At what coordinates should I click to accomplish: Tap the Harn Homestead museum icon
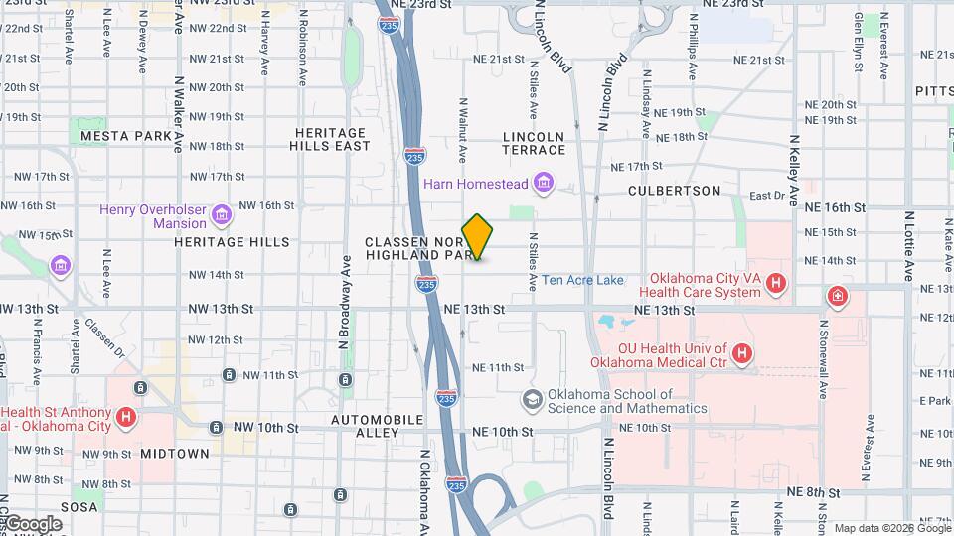pos(543,183)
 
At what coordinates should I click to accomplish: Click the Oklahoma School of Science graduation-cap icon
pos(532,400)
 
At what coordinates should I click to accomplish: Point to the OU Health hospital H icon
pos(741,354)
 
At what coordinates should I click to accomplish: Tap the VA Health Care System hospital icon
pos(776,286)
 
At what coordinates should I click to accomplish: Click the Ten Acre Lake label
pos(582,280)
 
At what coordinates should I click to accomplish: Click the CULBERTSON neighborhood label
pos(674,190)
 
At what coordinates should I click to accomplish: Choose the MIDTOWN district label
pos(175,453)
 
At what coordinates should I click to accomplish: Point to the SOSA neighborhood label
pos(79,507)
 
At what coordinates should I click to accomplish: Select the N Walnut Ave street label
pos(462,129)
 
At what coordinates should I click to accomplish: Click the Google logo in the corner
pos(33,524)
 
